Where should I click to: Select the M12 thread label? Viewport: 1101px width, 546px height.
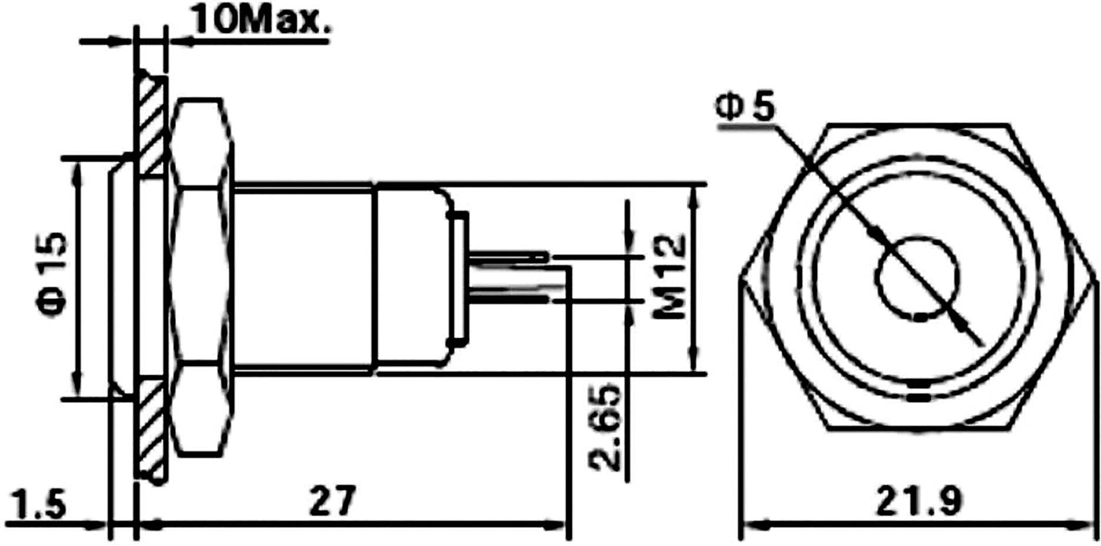(x=670, y=277)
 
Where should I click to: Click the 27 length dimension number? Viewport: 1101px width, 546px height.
(x=333, y=501)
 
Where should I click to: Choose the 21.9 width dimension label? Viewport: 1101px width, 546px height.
(x=919, y=501)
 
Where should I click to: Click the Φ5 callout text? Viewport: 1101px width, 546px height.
(x=745, y=108)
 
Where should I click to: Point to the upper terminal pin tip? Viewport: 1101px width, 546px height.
(x=544, y=257)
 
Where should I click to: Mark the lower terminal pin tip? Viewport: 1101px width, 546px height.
(x=544, y=300)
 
